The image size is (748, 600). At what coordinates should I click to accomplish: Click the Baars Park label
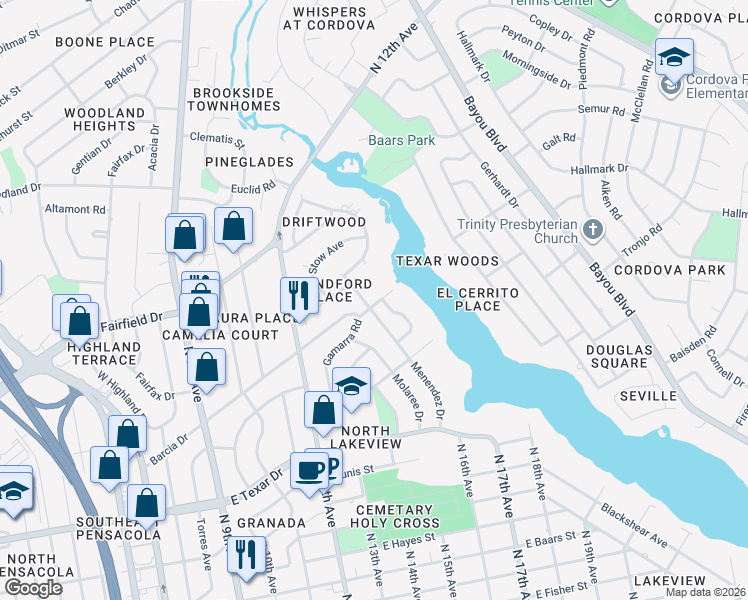(x=401, y=140)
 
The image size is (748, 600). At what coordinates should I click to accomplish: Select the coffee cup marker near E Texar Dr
(x=308, y=469)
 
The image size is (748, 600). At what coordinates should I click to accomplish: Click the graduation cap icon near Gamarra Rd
(x=351, y=385)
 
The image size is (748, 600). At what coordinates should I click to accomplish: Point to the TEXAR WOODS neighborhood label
(x=446, y=260)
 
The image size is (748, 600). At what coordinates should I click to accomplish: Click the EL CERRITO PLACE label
(x=478, y=299)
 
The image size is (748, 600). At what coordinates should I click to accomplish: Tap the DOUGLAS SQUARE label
(x=619, y=356)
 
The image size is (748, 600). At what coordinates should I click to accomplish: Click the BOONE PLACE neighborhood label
(x=105, y=42)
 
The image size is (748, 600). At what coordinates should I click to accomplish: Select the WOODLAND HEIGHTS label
(x=104, y=119)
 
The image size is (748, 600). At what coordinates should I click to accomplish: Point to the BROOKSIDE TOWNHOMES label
(x=235, y=99)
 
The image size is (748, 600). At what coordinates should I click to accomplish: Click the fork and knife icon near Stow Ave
(x=298, y=294)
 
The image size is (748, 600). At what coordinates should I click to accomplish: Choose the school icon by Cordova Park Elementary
(x=674, y=56)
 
